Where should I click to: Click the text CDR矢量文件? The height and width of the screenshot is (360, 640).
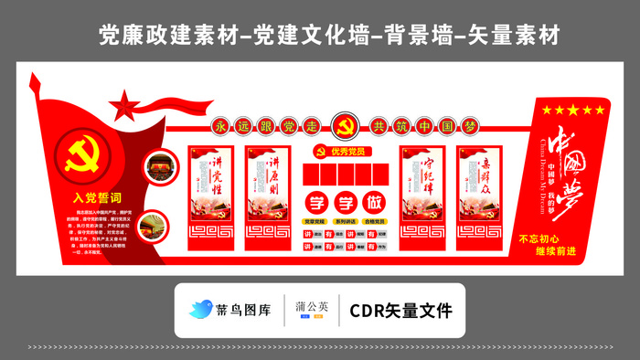400,311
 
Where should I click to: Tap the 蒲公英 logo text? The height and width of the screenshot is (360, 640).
312,306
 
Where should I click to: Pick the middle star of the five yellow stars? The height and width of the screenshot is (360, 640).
573,111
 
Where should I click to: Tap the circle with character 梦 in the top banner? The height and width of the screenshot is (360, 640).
472,125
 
